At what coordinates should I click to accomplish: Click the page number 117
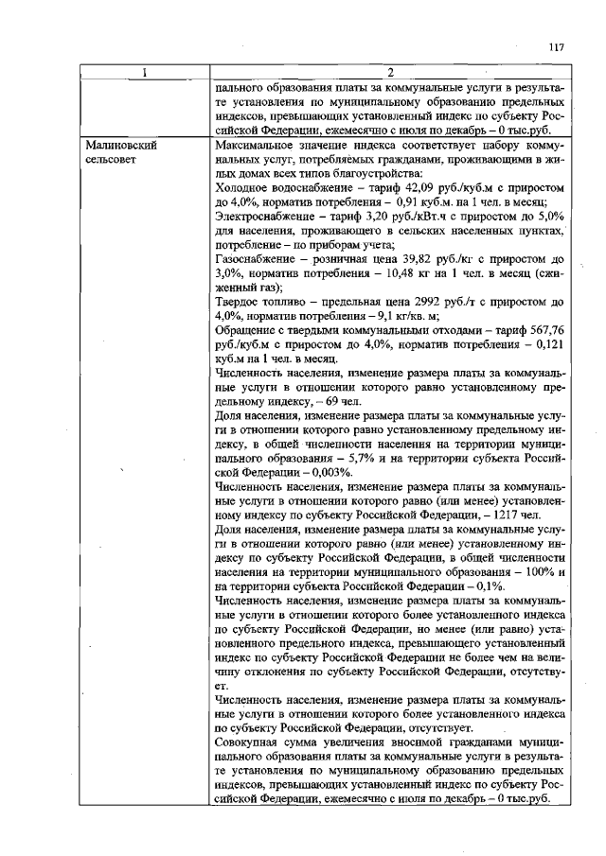(556, 48)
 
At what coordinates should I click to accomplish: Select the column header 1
(145, 74)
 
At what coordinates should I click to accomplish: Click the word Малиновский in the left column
(121, 147)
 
